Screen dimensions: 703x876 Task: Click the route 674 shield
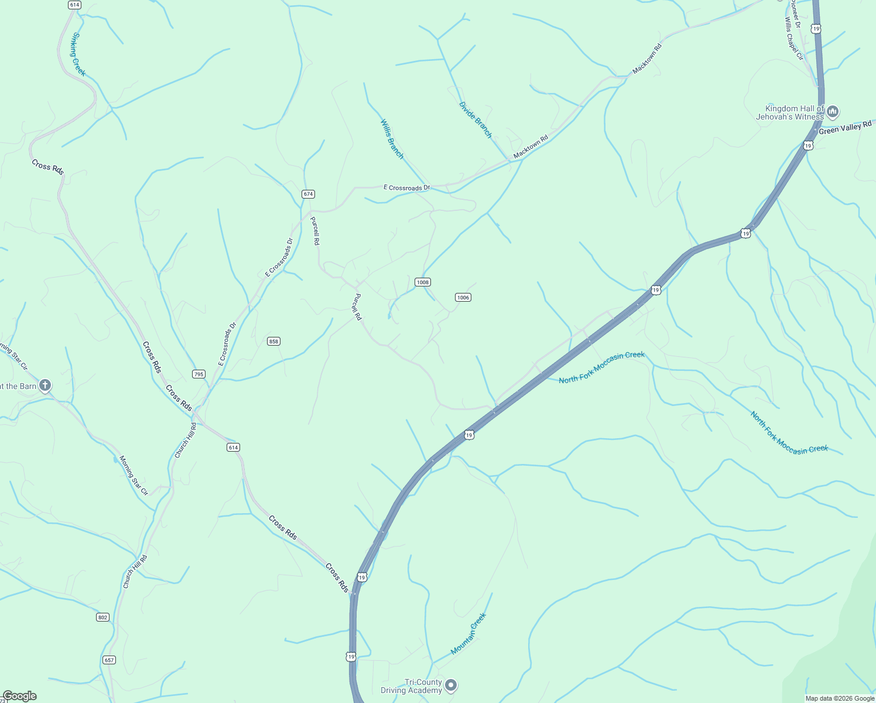click(x=308, y=194)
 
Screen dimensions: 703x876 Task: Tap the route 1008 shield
click(x=423, y=282)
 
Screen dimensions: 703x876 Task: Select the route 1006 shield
click(x=463, y=298)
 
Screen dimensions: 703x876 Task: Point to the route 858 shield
click(x=273, y=342)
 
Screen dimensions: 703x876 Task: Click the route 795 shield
click(x=199, y=374)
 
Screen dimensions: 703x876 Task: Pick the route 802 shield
click(x=103, y=617)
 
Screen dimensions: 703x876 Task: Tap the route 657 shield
click(x=109, y=660)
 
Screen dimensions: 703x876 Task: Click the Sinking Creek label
click(x=78, y=54)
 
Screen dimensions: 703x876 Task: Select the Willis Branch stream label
click(x=392, y=139)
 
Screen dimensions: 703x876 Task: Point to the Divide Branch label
click(x=475, y=120)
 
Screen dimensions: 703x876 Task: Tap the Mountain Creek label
click(x=468, y=634)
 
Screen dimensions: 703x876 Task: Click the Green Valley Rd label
click(x=845, y=128)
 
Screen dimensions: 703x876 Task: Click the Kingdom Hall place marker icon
click(x=833, y=111)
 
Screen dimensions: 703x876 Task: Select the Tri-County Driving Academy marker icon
click(x=450, y=685)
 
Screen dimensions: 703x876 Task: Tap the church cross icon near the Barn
click(x=45, y=385)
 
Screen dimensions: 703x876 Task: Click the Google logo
click(x=19, y=696)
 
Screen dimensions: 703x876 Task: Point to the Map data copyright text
click(x=840, y=698)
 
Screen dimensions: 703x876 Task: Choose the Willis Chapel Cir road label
click(x=794, y=38)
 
